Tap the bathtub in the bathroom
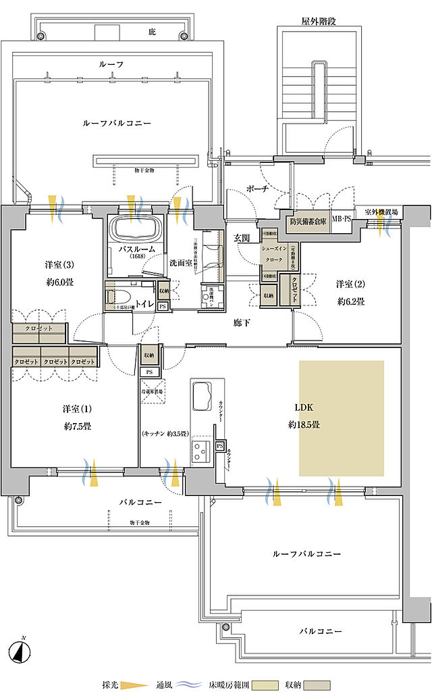tap(136, 230)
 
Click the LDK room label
tap(304, 408)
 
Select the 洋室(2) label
tap(350, 285)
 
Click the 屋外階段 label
tap(319, 21)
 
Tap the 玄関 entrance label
tap(242, 237)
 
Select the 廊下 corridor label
tap(242, 323)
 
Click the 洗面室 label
tap(181, 262)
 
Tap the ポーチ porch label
tap(258, 189)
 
